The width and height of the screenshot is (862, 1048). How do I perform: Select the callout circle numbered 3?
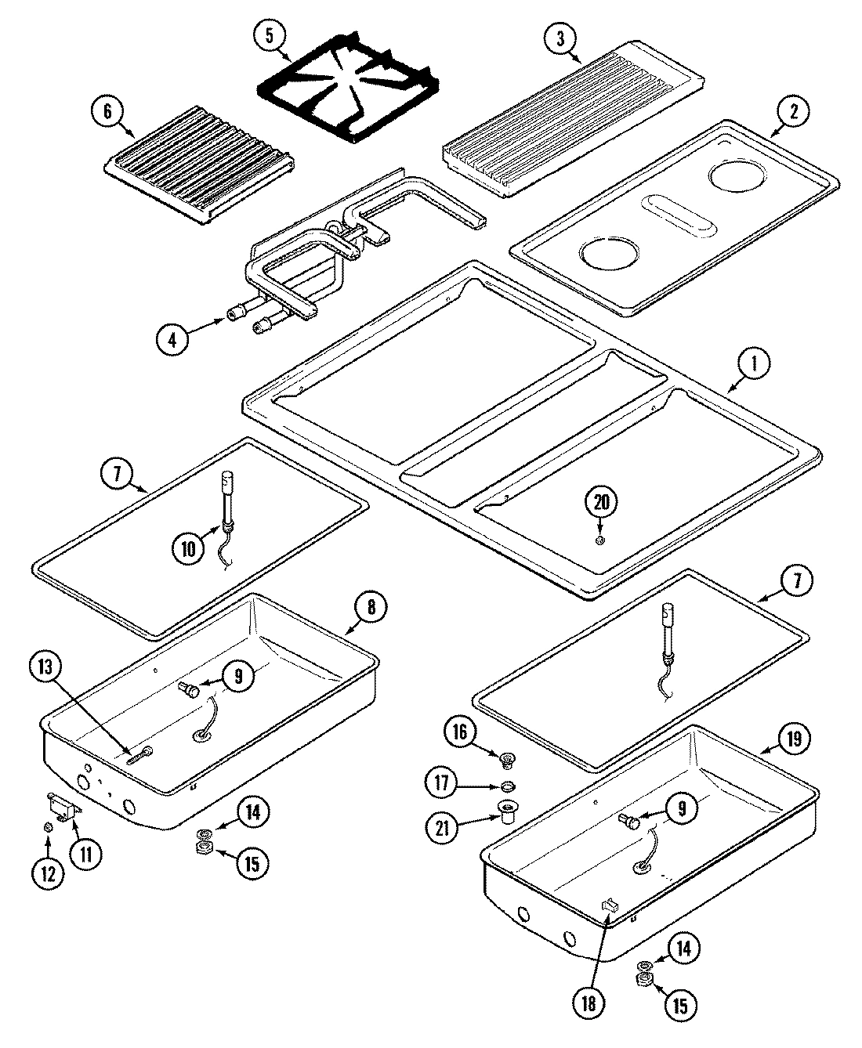pyautogui.click(x=562, y=38)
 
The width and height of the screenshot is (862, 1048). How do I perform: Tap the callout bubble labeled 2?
pyautogui.click(x=794, y=112)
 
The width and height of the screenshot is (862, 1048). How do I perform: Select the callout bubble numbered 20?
pyautogui.click(x=600, y=502)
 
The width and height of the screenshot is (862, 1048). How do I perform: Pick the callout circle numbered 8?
pyautogui.click(x=371, y=605)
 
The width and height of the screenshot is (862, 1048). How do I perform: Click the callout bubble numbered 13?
pyautogui.click(x=46, y=668)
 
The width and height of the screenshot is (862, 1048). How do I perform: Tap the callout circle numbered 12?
pyautogui.click(x=49, y=873)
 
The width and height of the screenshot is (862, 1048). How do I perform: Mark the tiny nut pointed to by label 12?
pyautogui.click(x=49, y=828)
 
